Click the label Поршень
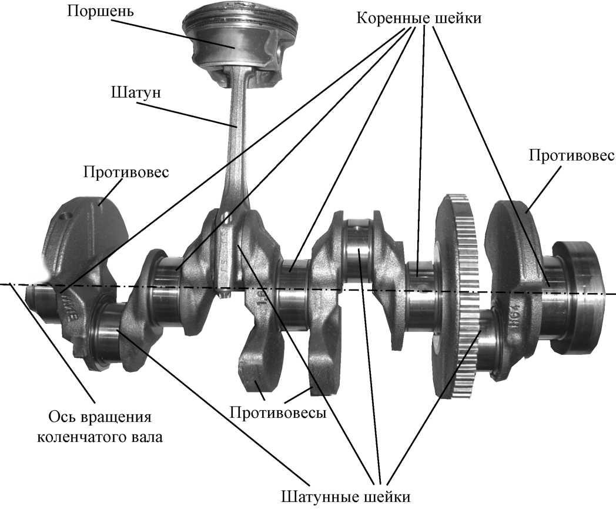(x=100, y=11)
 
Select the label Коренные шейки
(x=419, y=18)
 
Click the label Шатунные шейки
(x=346, y=497)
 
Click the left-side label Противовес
(x=126, y=172)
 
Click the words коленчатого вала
(x=100, y=437)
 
